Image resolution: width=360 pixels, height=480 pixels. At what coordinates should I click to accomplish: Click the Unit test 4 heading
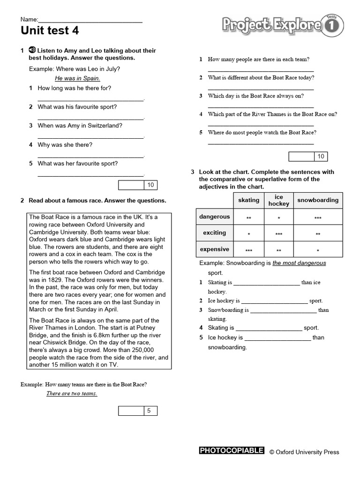point(50,31)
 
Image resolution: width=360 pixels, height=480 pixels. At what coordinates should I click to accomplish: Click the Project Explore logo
point(282,25)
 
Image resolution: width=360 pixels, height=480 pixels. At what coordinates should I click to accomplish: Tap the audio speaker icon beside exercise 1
point(32,50)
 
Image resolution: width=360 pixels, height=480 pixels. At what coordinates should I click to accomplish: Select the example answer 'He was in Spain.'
point(77,78)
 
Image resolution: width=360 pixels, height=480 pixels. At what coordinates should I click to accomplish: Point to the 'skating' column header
point(248,200)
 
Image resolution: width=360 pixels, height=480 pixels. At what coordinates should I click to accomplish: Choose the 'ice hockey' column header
point(279,200)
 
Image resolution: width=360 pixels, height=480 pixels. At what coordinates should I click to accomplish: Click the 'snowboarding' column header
point(317,200)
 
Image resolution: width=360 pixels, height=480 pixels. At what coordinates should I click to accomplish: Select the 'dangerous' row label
point(214,217)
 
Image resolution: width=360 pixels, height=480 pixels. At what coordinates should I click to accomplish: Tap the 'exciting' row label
point(214,233)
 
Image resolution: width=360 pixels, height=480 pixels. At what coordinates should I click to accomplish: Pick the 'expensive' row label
point(214,249)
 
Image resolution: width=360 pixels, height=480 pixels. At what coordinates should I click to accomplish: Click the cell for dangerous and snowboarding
point(318,218)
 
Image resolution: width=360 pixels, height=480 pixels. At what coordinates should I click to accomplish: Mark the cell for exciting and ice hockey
point(279,234)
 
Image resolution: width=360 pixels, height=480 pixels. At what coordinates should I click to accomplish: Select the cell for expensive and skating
point(248,250)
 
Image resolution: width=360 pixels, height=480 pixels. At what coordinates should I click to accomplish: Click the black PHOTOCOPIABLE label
point(232,451)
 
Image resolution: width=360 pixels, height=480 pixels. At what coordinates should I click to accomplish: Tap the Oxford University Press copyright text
point(304,452)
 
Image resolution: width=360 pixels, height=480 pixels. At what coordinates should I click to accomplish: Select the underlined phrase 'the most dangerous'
point(299,263)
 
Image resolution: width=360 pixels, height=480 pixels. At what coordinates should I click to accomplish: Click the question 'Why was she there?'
point(65,145)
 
